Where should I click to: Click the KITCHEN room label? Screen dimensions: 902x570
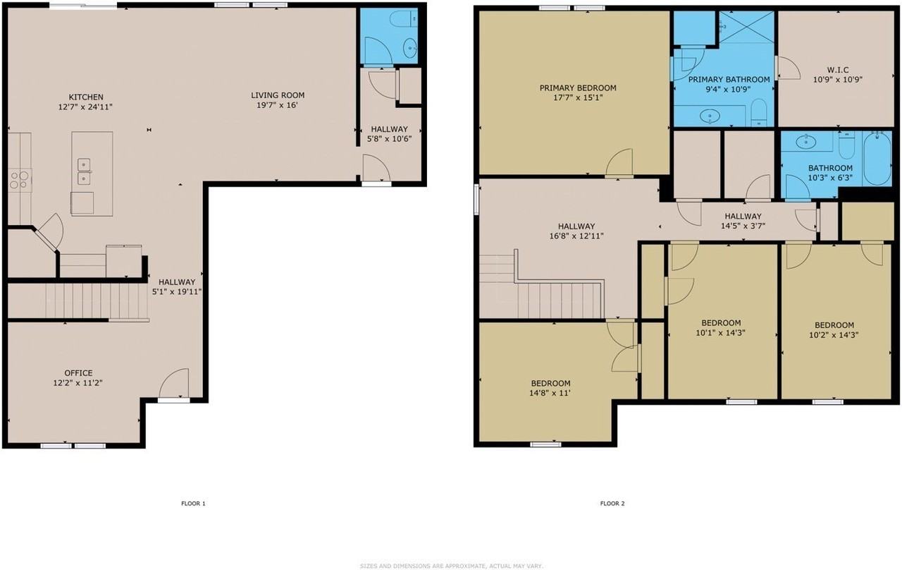click(86, 97)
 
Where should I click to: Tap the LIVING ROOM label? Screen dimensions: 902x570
click(278, 95)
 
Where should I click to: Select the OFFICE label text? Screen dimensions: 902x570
click(78, 373)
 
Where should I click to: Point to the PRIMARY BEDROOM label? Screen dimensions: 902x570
click(578, 88)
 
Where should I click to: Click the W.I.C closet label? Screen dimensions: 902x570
click(838, 70)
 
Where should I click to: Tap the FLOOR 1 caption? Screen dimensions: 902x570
click(193, 504)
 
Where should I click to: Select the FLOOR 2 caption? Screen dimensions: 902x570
click(612, 504)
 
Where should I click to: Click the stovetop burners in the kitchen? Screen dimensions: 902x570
click(19, 180)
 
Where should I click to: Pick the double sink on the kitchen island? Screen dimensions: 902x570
click(84, 171)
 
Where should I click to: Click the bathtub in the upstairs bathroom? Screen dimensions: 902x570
click(877, 159)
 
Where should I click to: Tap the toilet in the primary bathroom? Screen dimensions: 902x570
click(759, 111)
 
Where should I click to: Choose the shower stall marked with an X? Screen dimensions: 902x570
click(747, 27)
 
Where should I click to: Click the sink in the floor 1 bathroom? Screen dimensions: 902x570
click(410, 49)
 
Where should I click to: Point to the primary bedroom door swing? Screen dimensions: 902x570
click(619, 163)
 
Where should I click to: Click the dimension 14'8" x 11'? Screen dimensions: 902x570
click(550, 393)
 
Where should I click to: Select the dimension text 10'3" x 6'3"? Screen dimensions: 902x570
click(830, 178)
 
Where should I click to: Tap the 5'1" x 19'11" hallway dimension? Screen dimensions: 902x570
click(177, 292)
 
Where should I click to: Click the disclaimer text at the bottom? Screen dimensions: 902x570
click(452, 566)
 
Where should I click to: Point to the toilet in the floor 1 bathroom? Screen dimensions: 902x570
click(402, 19)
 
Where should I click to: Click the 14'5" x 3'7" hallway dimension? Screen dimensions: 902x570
click(743, 226)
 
